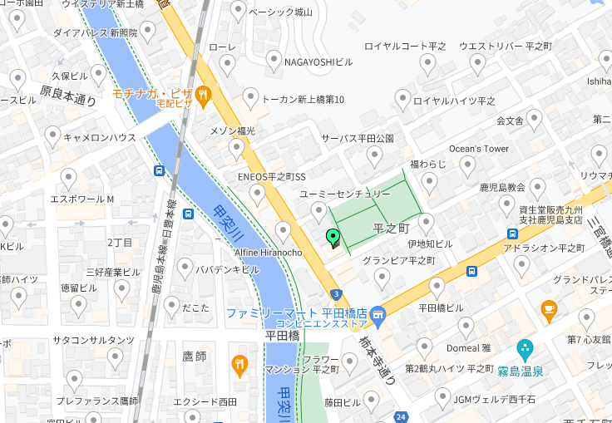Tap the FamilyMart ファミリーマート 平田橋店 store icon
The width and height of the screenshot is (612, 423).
[x=378, y=314]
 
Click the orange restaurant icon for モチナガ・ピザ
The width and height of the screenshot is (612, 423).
[x=204, y=94]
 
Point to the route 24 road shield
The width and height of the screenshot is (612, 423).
[x=402, y=416]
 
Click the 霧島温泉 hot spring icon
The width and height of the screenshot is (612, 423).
[x=524, y=348]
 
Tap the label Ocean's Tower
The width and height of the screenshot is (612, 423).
[x=478, y=149]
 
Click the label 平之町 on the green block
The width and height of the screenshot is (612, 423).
[x=392, y=228]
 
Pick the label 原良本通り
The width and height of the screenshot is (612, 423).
[x=67, y=96]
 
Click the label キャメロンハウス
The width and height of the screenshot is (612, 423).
[x=100, y=137]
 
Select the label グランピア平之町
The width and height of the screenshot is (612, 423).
[x=397, y=260]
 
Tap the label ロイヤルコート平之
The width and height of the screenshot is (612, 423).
[x=405, y=46]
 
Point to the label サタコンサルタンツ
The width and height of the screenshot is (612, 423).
[x=93, y=340]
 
